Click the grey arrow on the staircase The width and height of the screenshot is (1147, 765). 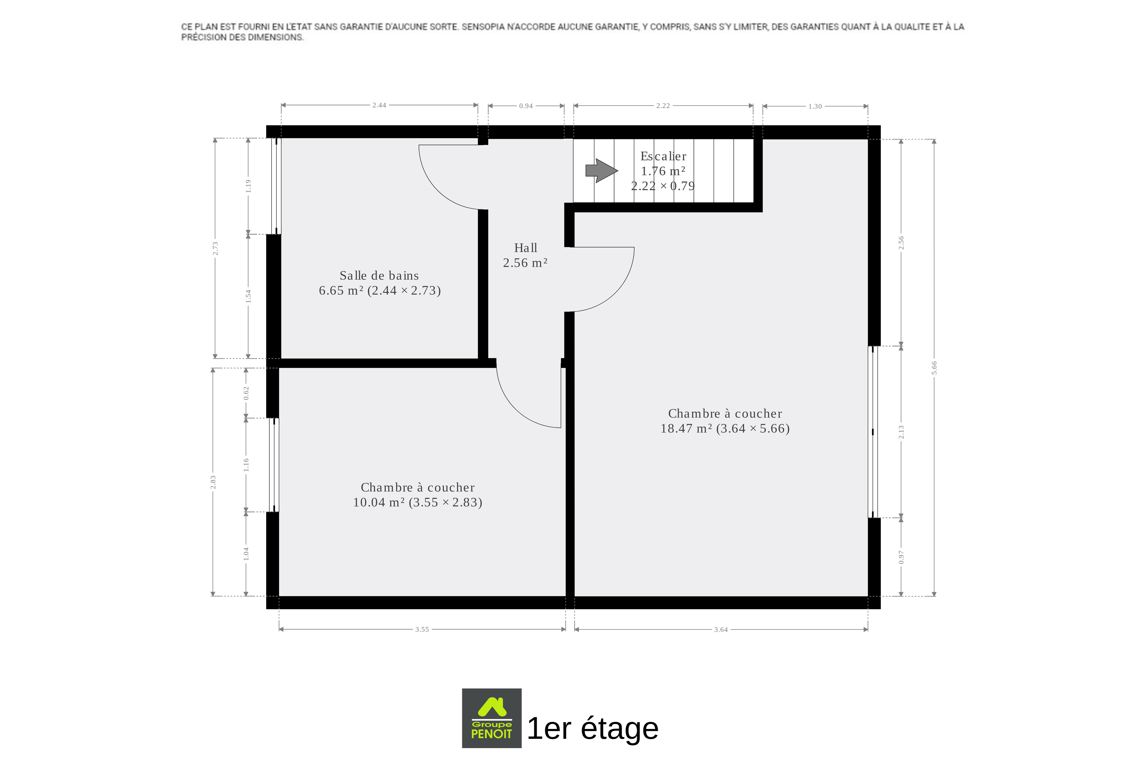tap(602, 171)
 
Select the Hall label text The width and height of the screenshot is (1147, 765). tap(525, 248)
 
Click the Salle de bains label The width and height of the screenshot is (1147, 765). tap(379, 276)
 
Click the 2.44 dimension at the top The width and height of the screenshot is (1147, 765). tap(379, 105)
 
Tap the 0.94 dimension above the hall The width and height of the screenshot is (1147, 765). tap(526, 106)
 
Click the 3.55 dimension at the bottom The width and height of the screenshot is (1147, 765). tap(422, 629)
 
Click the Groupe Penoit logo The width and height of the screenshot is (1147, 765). tap(492, 718)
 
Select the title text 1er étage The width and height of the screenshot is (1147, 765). tap(593, 728)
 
